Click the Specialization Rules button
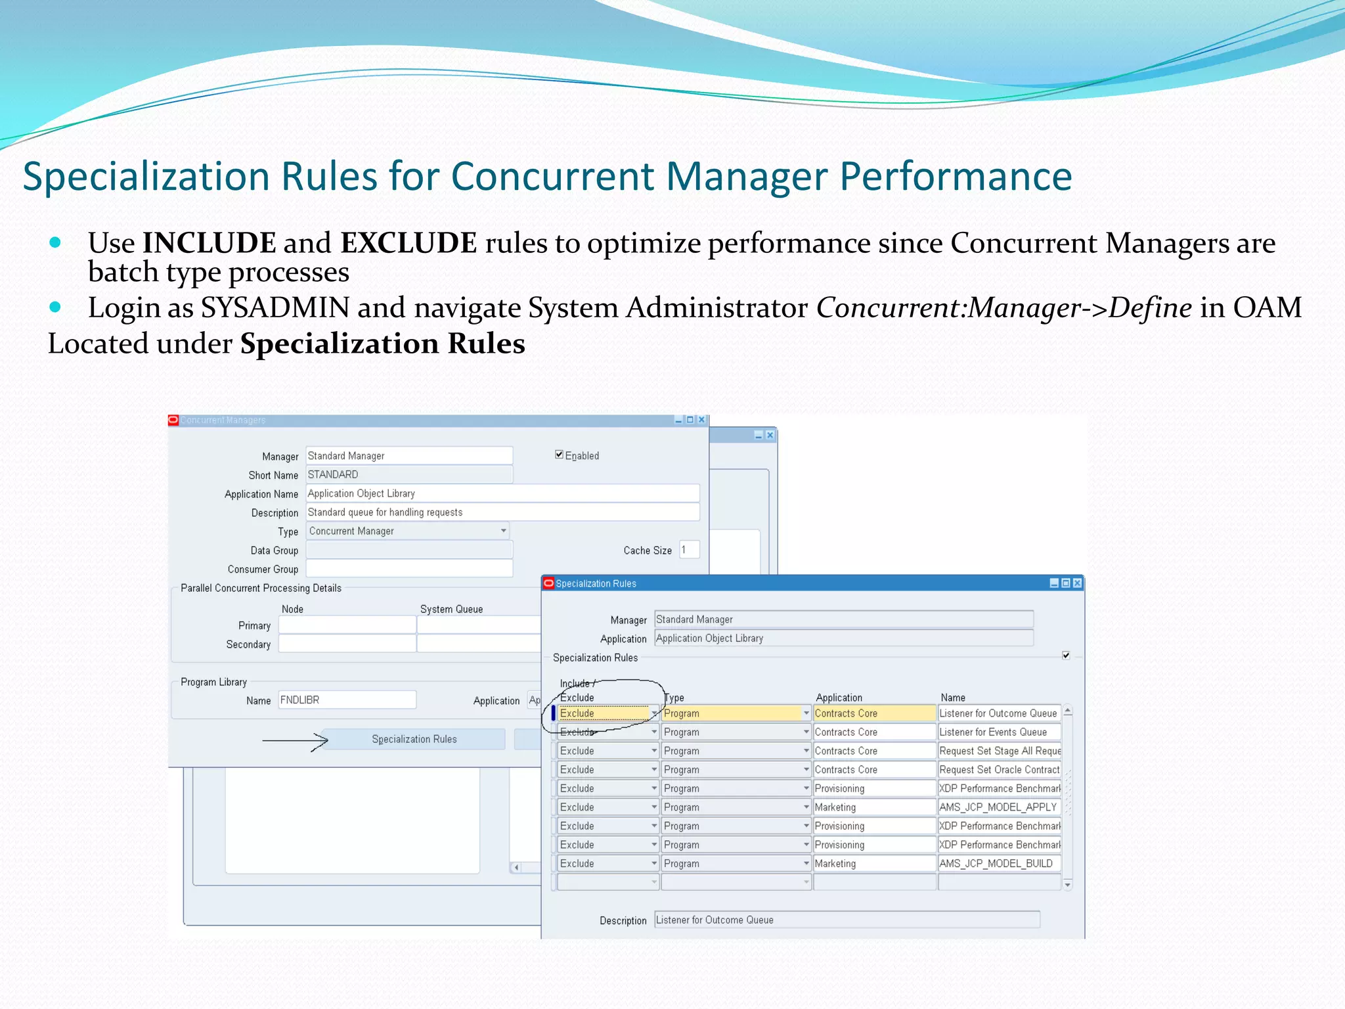[x=414, y=739]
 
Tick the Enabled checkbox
[x=559, y=455]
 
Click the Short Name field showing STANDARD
[x=408, y=474]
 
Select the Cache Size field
[x=689, y=550]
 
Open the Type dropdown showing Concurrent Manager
[x=503, y=531]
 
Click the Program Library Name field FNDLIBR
[x=347, y=700]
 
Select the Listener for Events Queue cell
[x=998, y=732]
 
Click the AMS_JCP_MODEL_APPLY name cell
[x=998, y=807]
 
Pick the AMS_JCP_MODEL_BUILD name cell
[x=998, y=864]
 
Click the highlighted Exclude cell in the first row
[x=603, y=713]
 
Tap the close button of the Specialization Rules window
[x=1077, y=583]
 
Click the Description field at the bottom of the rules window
[x=846, y=920]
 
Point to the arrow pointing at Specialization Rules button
[x=295, y=741]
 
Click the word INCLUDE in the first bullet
[x=209, y=243]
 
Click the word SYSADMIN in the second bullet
[x=275, y=308]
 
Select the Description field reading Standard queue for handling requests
[x=502, y=512]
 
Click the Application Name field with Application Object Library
[x=502, y=493]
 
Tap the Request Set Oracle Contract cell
[x=998, y=770]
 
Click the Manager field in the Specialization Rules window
[x=843, y=619]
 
